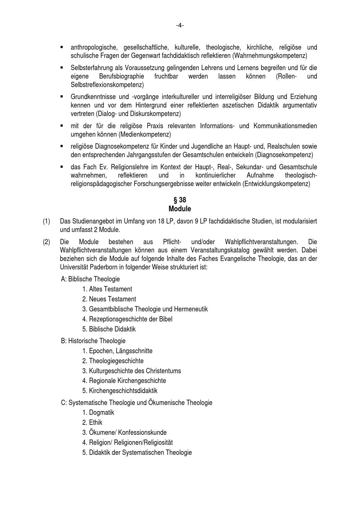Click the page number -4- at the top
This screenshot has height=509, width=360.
[x=180, y=25]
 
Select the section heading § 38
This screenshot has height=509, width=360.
[x=180, y=200]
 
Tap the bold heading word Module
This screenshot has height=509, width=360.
[x=180, y=209]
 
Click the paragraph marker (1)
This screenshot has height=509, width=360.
[x=46, y=221]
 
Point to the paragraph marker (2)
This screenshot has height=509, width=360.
[x=46, y=242]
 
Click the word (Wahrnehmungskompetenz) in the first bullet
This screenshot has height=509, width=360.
[x=270, y=56]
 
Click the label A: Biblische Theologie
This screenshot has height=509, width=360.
[x=90, y=279]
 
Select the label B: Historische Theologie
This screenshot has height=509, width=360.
[x=93, y=341]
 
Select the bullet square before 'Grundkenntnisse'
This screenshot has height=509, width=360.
[x=62, y=96]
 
